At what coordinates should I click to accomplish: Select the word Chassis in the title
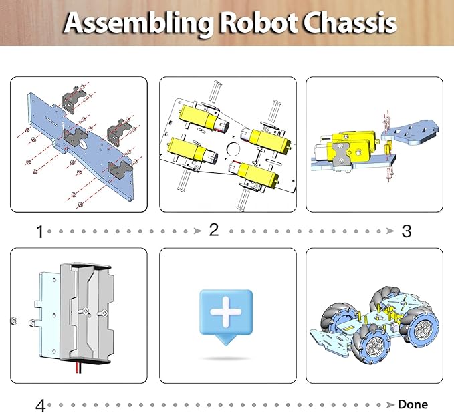350,23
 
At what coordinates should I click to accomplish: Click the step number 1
39,232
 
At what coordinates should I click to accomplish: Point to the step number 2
213,230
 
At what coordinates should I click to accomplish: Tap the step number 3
406,231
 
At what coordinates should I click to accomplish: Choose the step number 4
40,406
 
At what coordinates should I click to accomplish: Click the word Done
413,404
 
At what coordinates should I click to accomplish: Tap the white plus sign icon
226,312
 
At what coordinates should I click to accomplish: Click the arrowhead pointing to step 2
197,231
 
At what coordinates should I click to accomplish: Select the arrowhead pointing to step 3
391,231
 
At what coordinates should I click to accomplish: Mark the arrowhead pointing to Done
386,405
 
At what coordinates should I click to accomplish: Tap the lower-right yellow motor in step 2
258,175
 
